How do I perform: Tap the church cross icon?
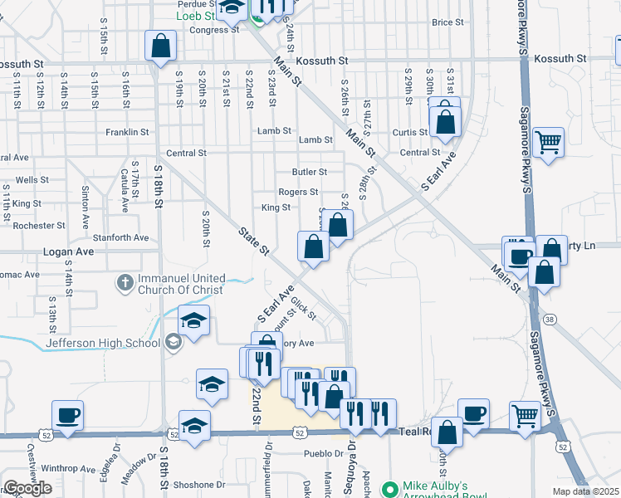(125, 283)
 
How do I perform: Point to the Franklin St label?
(127, 132)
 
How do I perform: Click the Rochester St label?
(39, 226)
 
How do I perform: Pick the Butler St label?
(309, 172)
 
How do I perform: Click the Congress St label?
(214, 30)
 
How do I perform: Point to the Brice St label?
(447, 22)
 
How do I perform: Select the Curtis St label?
(410, 132)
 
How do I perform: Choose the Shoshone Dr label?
(198, 485)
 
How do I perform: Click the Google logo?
(27, 488)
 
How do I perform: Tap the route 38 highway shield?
(550, 319)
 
